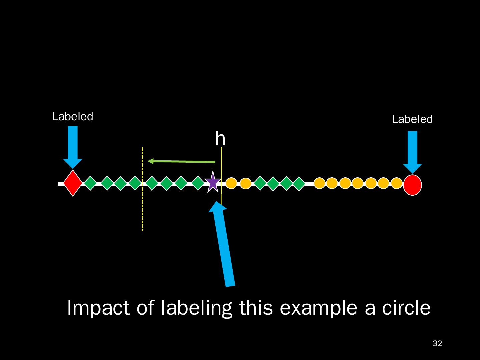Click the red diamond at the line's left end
point(73,183)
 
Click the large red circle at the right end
point(412,184)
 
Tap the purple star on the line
point(213,182)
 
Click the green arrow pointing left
point(181,161)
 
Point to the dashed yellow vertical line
point(142,207)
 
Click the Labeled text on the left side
point(73,117)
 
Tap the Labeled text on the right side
point(412,119)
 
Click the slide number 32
point(437,343)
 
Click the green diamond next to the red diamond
point(90,183)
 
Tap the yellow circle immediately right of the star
point(231,183)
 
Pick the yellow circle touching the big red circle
point(396,183)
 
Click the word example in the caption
point(319,308)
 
